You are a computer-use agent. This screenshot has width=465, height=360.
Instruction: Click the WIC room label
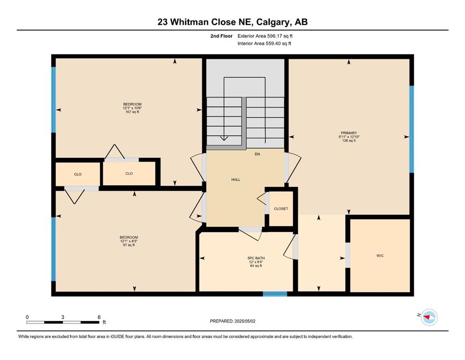point(380,255)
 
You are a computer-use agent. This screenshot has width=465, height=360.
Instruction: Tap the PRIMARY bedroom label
point(349,133)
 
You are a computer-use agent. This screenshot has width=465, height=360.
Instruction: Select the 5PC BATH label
point(256,258)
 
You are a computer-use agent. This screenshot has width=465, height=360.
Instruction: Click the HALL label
point(236,180)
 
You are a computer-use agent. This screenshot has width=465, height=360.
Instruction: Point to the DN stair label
point(258,154)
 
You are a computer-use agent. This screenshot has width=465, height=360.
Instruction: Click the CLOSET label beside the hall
point(281,209)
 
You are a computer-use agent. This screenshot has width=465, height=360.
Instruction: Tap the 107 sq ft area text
point(132,112)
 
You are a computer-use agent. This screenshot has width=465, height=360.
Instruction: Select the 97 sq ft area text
point(129,245)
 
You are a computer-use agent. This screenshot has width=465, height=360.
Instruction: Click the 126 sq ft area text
point(349,141)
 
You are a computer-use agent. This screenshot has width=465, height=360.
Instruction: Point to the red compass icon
point(429,317)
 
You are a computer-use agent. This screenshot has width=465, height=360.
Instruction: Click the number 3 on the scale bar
point(63,317)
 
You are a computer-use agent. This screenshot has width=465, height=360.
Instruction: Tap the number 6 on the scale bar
point(99,317)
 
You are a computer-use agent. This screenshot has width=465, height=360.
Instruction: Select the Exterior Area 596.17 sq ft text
point(265,36)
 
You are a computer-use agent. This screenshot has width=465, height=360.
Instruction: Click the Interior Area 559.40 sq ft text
point(264,43)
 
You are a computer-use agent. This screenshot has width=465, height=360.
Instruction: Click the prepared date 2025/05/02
point(245,321)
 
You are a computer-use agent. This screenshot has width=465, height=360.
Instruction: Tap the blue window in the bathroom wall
point(275,294)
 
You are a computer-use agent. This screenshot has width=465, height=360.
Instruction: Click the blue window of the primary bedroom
point(412,129)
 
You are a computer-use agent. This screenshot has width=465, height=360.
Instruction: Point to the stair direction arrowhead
point(224,138)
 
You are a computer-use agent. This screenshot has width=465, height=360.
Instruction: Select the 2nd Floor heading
point(221,36)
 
